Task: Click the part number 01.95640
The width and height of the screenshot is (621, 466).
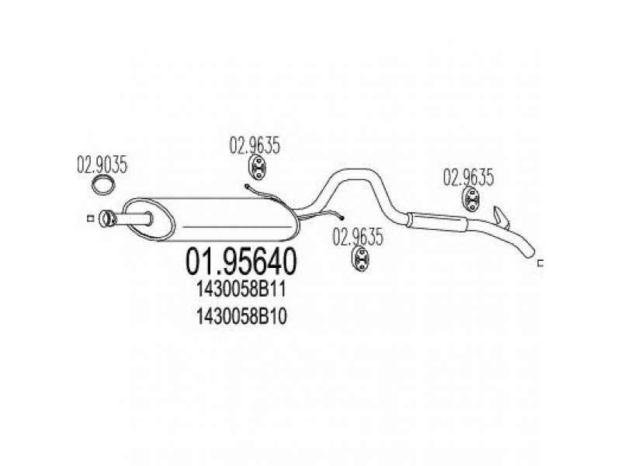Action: (x=241, y=261)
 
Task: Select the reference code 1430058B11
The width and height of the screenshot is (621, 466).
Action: (x=241, y=290)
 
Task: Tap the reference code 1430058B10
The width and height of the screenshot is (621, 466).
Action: (x=241, y=317)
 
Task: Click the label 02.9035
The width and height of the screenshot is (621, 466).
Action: (x=102, y=165)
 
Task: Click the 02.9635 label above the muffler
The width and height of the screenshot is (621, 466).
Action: (x=255, y=145)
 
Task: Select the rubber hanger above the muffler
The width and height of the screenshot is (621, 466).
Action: (x=258, y=168)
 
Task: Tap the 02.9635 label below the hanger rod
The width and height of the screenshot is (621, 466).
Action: (x=358, y=237)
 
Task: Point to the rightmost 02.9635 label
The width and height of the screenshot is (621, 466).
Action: (x=469, y=178)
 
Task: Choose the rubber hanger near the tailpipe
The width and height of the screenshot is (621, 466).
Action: (x=471, y=200)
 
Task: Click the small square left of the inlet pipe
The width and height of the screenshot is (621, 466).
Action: (x=90, y=218)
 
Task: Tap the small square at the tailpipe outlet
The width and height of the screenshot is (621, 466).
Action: (x=540, y=263)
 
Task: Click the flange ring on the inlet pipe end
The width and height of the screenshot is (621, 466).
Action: (x=106, y=219)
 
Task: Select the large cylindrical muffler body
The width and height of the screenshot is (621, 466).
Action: (x=212, y=219)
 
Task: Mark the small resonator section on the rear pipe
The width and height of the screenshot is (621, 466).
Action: (x=436, y=221)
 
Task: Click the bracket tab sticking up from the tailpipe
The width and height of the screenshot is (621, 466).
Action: (x=501, y=217)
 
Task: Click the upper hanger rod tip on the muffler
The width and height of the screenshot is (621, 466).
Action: (x=246, y=186)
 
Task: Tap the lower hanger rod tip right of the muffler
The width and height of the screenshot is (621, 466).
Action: (x=342, y=217)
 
